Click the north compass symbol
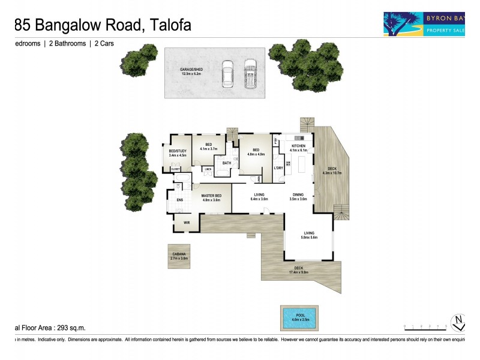[459, 322]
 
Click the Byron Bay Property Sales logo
[430, 23]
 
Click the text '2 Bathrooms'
[66, 44]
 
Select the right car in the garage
[250, 74]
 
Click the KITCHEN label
[299, 146]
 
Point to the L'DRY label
[278, 168]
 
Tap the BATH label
[227, 163]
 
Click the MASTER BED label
[212, 196]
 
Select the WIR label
[187, 223]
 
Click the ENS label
[179, 200]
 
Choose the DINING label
[298, 194]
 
